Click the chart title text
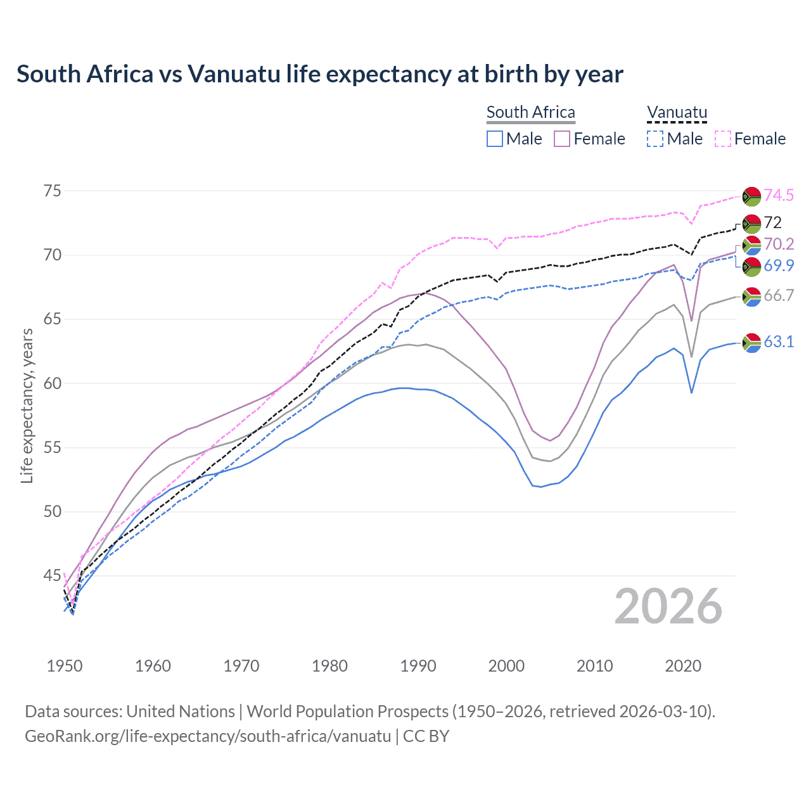tap(320, 74)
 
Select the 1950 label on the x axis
tap(65, 666)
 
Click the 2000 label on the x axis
tap(506, 666)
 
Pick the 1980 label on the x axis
tap(329, 666)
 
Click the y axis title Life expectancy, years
tap(27, 405)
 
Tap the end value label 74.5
tap(778, 195)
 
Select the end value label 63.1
tap(778, 342)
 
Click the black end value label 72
tap(772, 222)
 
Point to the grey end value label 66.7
tap(778, 295)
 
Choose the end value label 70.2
tap(778, 244)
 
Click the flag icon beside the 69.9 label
tap(751, 266)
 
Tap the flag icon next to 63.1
tap(751, 342)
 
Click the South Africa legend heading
tap(530, 113)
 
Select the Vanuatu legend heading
tap(677, 113)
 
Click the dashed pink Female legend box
tap(722, 139)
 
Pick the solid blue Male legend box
tap(495, 139)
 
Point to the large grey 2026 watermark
tap(668, 606)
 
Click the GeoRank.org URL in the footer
tap(208, 736)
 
